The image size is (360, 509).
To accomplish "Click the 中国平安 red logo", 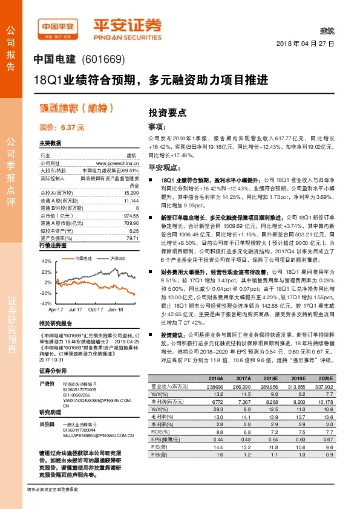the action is [x=58, y=27].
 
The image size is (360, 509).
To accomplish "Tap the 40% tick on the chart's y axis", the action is [x=47, y=262].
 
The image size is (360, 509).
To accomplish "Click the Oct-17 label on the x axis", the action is [x=96, y=308].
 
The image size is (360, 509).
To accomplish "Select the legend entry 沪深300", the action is [x=102, y=258].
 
